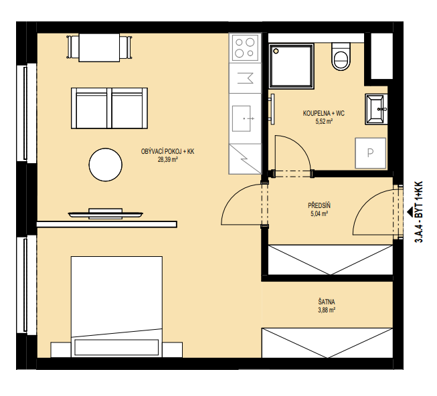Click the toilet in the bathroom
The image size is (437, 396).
341,57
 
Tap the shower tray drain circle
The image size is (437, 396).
276,51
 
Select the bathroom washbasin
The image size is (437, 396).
376,109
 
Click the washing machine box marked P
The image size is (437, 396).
370,153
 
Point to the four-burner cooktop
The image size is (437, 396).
245,47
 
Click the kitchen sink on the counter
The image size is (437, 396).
242,118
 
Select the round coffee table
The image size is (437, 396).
105,165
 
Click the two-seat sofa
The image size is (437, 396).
109,108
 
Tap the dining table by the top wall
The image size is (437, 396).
99,47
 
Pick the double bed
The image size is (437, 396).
116,306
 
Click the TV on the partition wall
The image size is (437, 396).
106,214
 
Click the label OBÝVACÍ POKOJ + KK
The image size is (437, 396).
167,151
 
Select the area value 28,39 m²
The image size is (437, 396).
168,160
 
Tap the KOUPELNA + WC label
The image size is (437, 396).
324,113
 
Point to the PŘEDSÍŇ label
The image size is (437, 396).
319,205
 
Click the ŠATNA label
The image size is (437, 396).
327,302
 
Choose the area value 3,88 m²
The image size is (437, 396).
327,310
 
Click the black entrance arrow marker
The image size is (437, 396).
410,211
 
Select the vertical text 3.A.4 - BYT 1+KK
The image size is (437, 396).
419,212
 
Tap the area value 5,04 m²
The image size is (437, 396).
319,214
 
